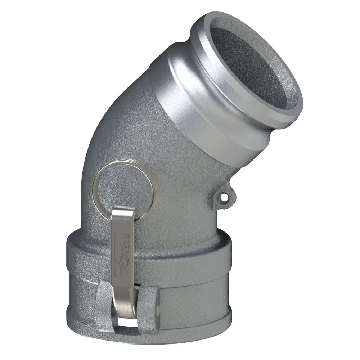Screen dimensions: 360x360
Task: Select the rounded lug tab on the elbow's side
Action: point(225,196)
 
